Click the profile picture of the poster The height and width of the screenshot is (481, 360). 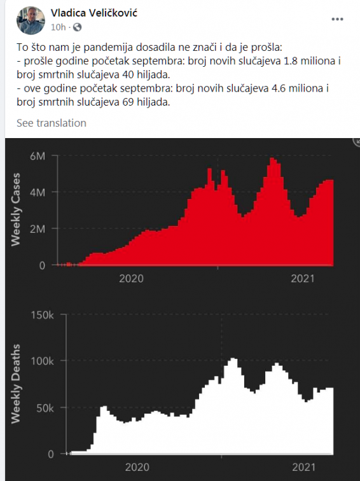click(x=31, y=20)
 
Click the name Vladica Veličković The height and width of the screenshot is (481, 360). click(x=94, y=13)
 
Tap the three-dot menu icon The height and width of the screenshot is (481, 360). click(x=337, y=19)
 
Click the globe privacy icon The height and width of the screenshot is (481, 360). click(x=78, y=27)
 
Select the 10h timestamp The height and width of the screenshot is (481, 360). click(x=59, y=27)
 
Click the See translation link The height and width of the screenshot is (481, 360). click(x=52, y=123)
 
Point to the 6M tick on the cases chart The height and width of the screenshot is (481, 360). click(x=38, y=156)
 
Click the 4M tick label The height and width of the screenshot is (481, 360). click(x=38, y=192)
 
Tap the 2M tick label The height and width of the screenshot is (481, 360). click(x=38, y=229)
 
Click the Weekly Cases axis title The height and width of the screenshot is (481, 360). click(x=16, y=209)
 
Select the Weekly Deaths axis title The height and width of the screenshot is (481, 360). click(x=16, y=384)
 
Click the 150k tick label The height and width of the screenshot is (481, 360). click(x=43, y=315)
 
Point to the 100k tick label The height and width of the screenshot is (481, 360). click(x=43, y=361)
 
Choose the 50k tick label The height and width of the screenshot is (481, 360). click(x=45, y=408)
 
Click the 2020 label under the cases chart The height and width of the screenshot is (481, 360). click(x=131, y=279)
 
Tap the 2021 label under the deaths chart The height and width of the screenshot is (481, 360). click(x=303, y=467)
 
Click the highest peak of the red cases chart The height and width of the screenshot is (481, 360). click(x=272, y=158)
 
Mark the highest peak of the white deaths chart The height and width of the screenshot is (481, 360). click(x=233, y=359)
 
